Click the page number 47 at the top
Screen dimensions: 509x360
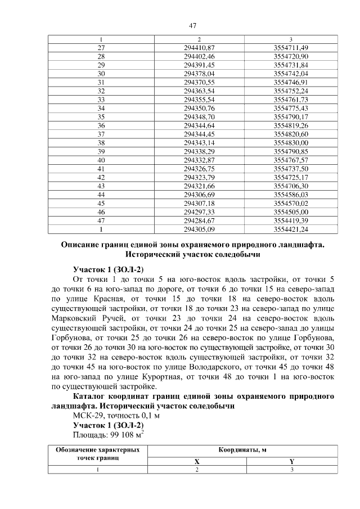point(192,25)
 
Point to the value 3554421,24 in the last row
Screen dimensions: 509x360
point(290,229)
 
